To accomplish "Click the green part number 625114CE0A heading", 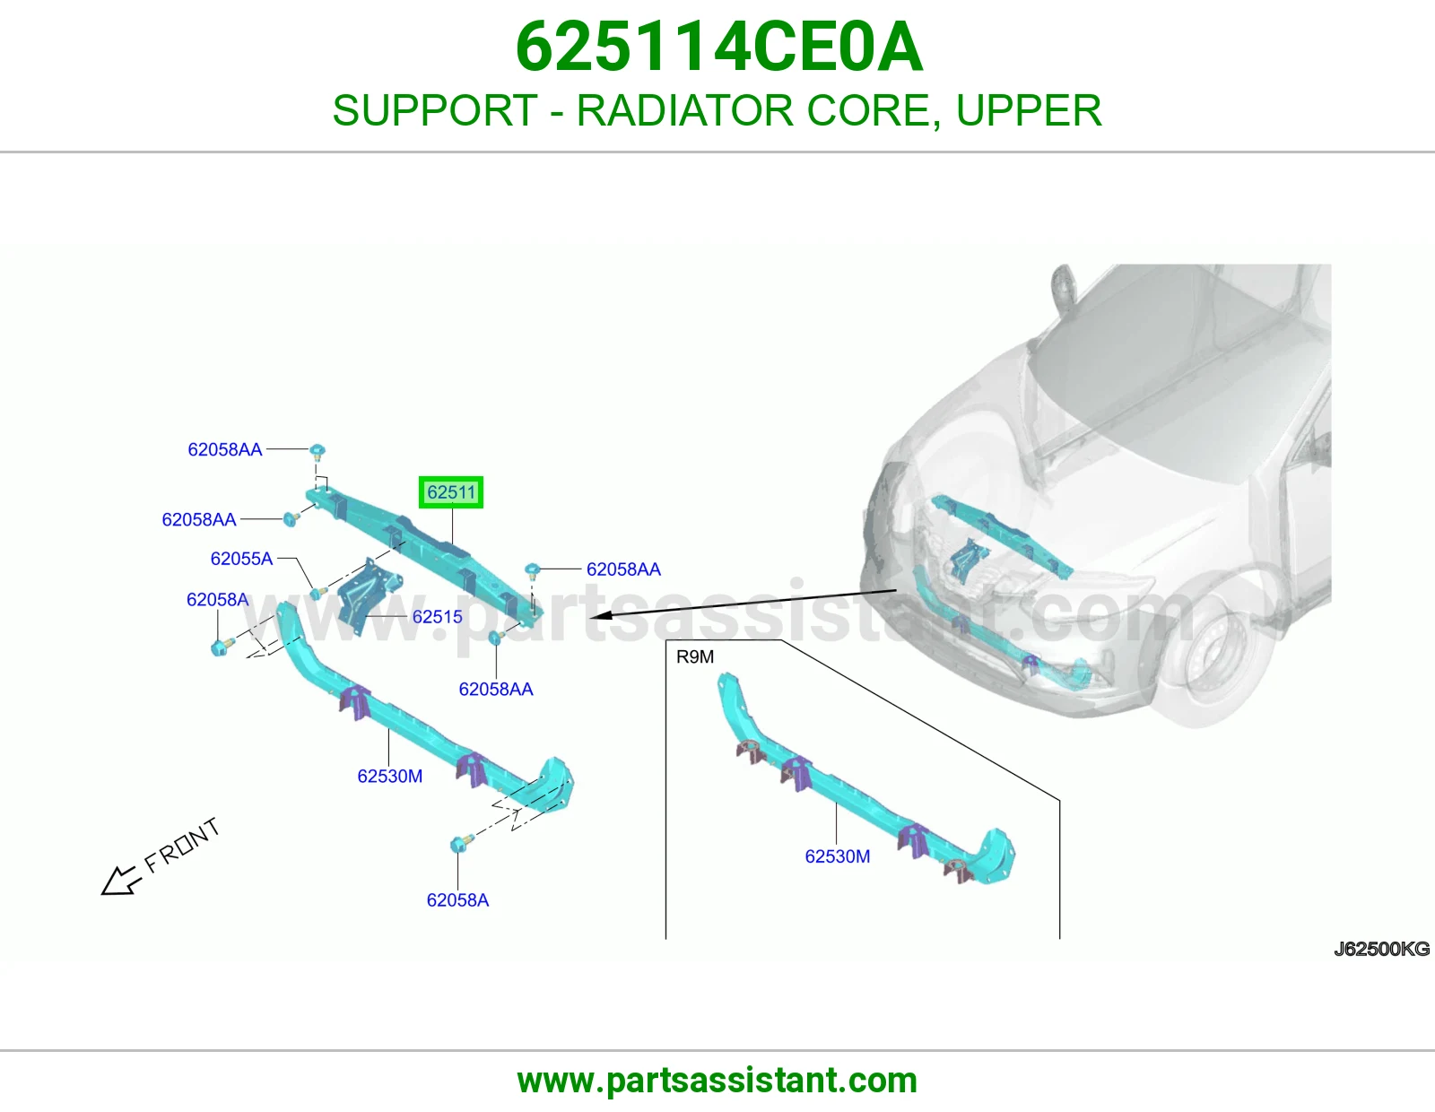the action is pyautogui.click(x=718, y=47).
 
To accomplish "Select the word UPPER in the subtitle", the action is pyautogui.click(x=1029, y=110).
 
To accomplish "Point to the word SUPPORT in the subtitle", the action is pyautogui.click(x=434, y=110).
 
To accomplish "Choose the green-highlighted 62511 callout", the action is pyautogui.click(x=451, y=492).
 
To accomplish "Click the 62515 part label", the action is pyautogui.click(x=437, y=617).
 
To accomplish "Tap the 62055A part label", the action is pyautogui.click(x=241, y=559).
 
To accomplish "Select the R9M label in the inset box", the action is pyautogui.click(x=695, y=657).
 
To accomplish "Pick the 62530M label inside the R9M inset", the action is pyautogui.click(x=838, y=856).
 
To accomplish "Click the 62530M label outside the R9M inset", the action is pyautogui.click(x=389, y=776).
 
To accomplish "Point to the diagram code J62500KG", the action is pyautogui.click(x=1381, y=949).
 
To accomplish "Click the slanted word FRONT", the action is pyautogui.click(x=181, y=846).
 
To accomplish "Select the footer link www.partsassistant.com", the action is pyautogui.click(x=717, y=1081).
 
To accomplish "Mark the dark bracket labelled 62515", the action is pyautogui.click(x=369, y=596).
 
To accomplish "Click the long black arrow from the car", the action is pyautogui.click(x=744, y=604).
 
